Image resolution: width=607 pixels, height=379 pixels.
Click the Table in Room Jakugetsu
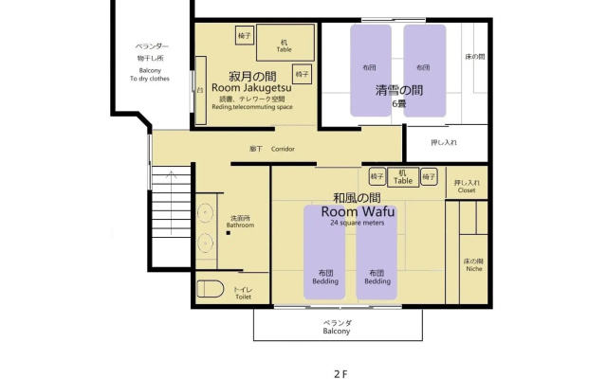tap(285, 43)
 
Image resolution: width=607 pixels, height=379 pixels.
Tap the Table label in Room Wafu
tap(403, 181)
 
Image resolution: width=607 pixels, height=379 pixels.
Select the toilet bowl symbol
tap(211, 289)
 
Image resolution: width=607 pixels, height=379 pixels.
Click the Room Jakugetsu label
tap(251, 88)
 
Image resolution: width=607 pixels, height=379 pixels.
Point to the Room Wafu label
tap(359, 211)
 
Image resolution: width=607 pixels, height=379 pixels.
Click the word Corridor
tap(283, 149)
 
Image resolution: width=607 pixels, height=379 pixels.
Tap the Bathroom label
tap(240, 226)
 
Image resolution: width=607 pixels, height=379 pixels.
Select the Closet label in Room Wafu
tap(467, 190)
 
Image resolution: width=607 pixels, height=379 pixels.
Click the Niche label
tap(474, 269)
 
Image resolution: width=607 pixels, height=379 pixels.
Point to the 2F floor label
tap(340, 374)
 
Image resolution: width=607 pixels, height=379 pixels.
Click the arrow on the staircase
tap(171, 203)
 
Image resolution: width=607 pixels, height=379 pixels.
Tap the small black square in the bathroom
tap(229, 233)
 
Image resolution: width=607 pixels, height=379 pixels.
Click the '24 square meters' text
tap(358, 223)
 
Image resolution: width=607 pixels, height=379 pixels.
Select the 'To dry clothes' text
tap(150, 79)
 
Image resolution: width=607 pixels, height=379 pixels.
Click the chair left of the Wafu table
tap(377, 177)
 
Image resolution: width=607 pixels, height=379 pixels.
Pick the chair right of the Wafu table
tap(429, 177)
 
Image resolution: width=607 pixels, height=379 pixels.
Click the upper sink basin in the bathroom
tap(205, 212)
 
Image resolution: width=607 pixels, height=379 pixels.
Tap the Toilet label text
tap(243, 297)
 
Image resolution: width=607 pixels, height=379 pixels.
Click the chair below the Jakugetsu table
tap(302, 74)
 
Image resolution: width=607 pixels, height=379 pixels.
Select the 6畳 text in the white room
tap(399, 103)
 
